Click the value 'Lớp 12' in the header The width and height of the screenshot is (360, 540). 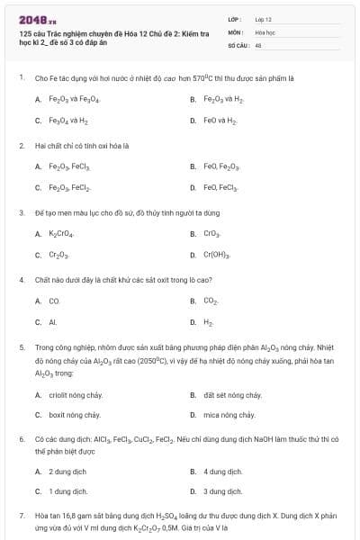pyautogui.click(x=263, y=19)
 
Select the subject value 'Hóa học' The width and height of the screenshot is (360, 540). pyautogui.click(x=265, y=31)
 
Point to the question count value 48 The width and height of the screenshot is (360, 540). pyautogui.click(x=258, y=43)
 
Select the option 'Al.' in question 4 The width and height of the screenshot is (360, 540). pyautogui.click(x=53, y=321)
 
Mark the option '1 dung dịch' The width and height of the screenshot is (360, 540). pyautogui.click(x=67, y=491)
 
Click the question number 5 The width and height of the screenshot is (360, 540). pyautogui.click(x=21, y=346)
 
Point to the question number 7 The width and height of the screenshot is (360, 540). pyautogui.click(x=21, y=515)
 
